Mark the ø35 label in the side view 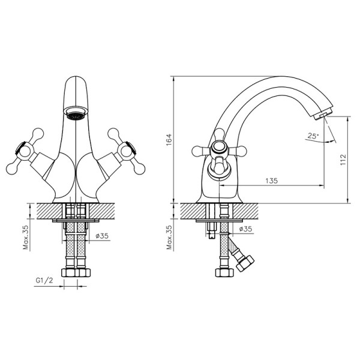[x=245, y=229]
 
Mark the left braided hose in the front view [x=68, y=245]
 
